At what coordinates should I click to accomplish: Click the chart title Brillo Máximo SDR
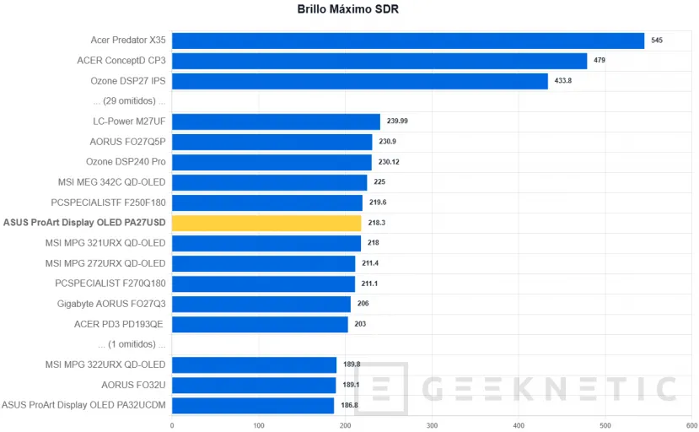348,10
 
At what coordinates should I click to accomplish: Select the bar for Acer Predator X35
408,40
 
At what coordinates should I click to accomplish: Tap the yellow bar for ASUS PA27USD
266,223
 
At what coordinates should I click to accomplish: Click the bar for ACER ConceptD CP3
379,61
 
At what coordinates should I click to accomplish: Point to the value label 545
657,40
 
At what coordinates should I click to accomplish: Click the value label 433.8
563,81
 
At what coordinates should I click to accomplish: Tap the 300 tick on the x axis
433,424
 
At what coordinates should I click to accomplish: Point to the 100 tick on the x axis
259,424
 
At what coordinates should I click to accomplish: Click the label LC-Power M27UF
129,121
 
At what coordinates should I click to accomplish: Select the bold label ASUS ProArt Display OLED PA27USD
84,223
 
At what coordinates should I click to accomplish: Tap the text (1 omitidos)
132,344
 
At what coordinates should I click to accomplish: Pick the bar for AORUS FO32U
254,385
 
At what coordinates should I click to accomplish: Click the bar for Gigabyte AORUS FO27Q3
261,304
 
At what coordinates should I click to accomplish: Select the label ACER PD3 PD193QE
120,324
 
